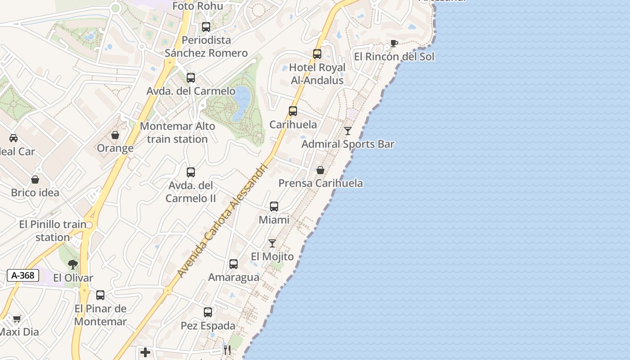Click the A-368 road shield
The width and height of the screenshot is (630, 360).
[x=22, y=275]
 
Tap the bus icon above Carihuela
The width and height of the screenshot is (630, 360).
[x=293, y=111]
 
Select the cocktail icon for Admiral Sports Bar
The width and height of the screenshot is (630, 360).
[x=348, y=131]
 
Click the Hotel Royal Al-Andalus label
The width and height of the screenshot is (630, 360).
[x=317, y=74]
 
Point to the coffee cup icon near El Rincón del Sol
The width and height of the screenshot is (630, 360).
[x=394, y=44]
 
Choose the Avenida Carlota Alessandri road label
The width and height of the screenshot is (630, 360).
[x=223, y=220]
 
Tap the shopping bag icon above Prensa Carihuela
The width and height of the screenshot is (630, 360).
[x=320, y=170]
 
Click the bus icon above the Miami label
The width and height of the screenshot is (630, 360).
[x=274, y=207]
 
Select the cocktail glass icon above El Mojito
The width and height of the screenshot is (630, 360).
[x=272, y=243]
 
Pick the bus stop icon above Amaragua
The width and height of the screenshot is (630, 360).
[x=233, y=264]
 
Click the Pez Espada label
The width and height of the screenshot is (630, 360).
[x=208, y=326]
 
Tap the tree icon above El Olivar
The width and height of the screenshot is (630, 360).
[x=73, y=264]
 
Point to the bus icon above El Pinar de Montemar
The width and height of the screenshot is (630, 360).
[x=100, y=295]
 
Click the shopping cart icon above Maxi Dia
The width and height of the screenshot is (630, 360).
[x=17, y=319]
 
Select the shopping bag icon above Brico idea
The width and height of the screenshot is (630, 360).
[x=35, y=180]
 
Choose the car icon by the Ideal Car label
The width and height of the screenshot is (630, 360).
[x=13, y=138]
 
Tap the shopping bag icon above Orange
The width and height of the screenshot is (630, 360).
[x=115, y=135]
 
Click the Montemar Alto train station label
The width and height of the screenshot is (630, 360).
[x=177, y=133]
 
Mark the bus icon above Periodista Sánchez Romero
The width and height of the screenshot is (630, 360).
[x=206, y=27]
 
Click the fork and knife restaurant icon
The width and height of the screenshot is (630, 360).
[x=227, y=350]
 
